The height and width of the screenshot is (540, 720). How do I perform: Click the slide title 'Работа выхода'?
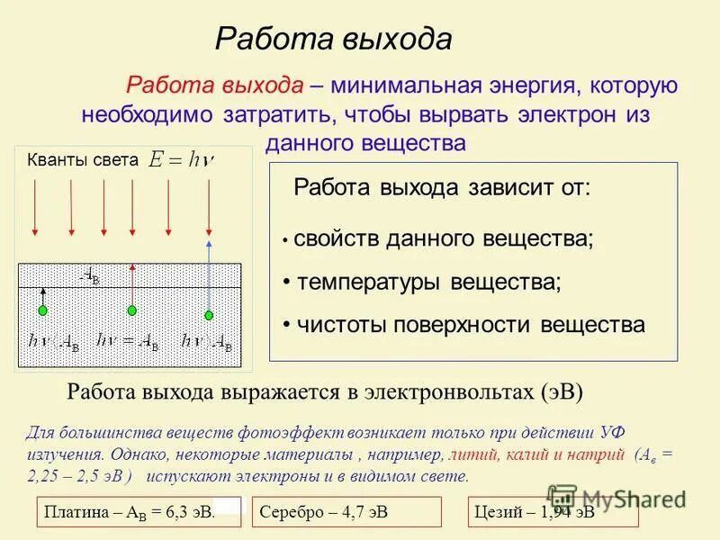pyautogui.click(x=333, y=39)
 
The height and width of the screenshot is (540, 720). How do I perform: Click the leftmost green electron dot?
pyautogui.click(x=42, y=310)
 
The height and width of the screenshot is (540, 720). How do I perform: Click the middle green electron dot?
pyautogui.click(x=131, y=310)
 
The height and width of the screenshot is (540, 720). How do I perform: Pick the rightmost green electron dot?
pyautogui.click(x=209, y=314)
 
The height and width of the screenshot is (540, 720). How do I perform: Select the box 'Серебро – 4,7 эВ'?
pyautogui.click(x=346, y=512)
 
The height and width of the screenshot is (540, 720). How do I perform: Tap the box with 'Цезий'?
pyautogui.click(x=553, y=512)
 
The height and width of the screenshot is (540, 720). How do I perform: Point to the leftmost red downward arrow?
pyautogui.click(x=35, y=205)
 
